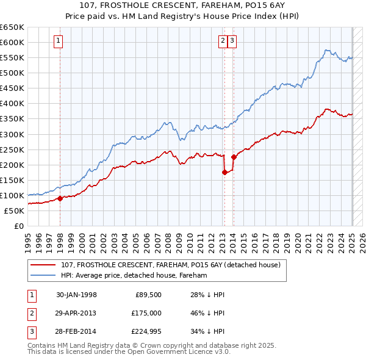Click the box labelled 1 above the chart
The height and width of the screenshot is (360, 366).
(58, 41)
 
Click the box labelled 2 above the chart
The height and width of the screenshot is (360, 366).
(223, 41)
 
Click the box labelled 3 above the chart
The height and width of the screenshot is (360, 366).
(233, 41)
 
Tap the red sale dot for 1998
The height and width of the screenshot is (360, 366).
(60, 198)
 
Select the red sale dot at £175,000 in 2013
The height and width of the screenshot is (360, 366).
(224, 172)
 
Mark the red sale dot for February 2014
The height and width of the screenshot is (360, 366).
(234, 157)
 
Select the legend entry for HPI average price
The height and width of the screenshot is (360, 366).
(134, 276)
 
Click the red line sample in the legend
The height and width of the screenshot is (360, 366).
(43, 265)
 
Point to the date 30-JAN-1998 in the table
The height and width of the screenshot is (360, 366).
(76, 295)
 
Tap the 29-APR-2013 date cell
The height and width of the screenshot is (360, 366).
(76, 314)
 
